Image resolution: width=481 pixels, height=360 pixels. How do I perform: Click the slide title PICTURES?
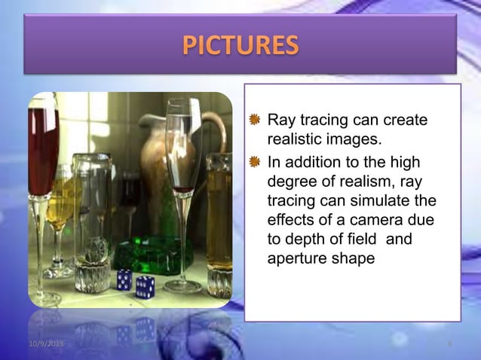(240, 45)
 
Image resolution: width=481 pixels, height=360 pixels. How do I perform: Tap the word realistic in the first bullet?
(296, 140)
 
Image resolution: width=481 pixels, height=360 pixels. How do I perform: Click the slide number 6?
(450, 344)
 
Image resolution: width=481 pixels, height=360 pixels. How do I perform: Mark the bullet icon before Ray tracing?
(256, 121)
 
